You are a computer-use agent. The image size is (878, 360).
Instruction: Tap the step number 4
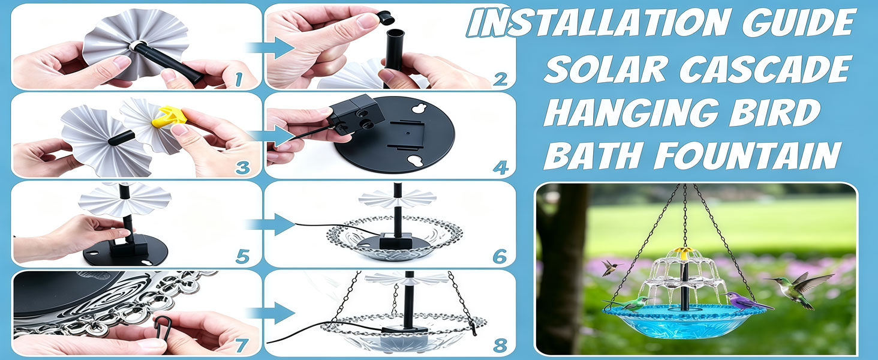pyautogui.click(x=501, y=167)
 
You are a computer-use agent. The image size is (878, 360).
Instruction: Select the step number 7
pyautogui.click(x=240, y=345)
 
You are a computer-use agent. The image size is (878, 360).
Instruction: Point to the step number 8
pyautogui.click(x=500, y=346)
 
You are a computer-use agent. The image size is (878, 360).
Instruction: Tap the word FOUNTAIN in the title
pyautogui.click(x=747, y=155)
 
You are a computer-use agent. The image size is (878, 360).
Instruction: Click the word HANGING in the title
pyautogui.click(x=631, y=113)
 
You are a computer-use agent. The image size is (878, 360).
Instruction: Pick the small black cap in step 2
pyautogui.click(x=386, y=18)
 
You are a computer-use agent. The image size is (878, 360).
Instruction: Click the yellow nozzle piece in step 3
pyautogui.click(x=169, y=116)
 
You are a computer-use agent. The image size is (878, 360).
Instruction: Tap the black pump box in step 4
pyautogui.click(x=354, y=114)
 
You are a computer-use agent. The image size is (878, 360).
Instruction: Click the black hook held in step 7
pyautogui.click(x=163, y=327)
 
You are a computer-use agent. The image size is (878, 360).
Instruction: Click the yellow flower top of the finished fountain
pyautogui.click(x=684, y=252)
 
